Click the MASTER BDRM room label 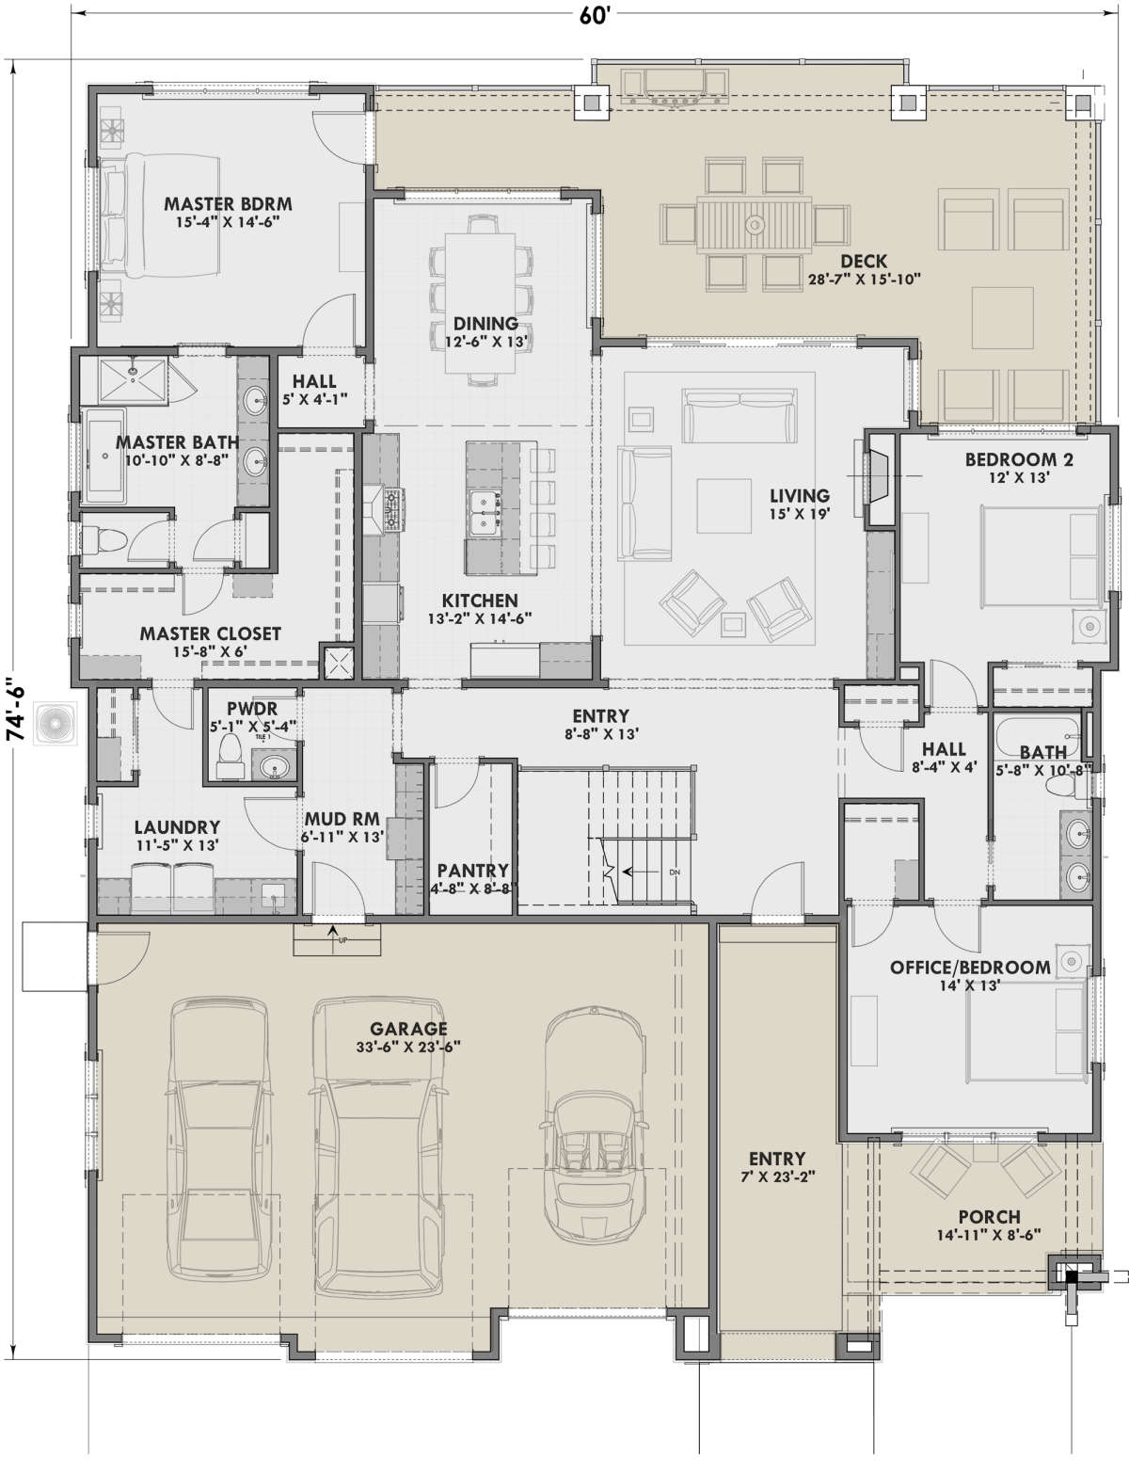coord(228,204)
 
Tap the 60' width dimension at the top coord(596,16)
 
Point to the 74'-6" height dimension coord(15,711)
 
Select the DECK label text coord(864,261)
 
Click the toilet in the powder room coord(229,756)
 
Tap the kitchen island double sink coord(485,513)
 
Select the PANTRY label coord(472,871)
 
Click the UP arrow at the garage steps coord(332,934)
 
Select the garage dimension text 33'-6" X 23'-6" coord(408,1047)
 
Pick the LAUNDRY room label coord(177,827)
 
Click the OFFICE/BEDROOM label coord(970,968)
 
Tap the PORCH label coord(989,1217)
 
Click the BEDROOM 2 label coord(1019,459)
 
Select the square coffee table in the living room coord(724,506)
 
